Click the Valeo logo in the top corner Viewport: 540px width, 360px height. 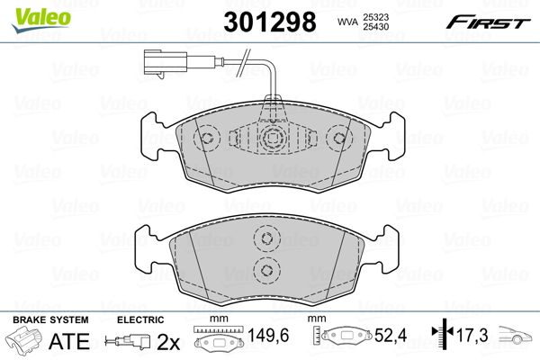pos(41,20)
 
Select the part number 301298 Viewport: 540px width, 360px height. pos(270,22)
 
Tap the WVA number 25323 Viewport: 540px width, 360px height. pos(375,17)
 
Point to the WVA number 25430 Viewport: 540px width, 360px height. pos(375,26)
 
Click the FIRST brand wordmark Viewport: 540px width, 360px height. pos(488,22)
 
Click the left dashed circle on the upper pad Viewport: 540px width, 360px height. pos(207,138)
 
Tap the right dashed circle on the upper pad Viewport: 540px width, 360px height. pos(339,138)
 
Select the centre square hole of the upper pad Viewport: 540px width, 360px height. pos(274,138)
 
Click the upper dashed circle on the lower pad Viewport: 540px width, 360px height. pos(266,238)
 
